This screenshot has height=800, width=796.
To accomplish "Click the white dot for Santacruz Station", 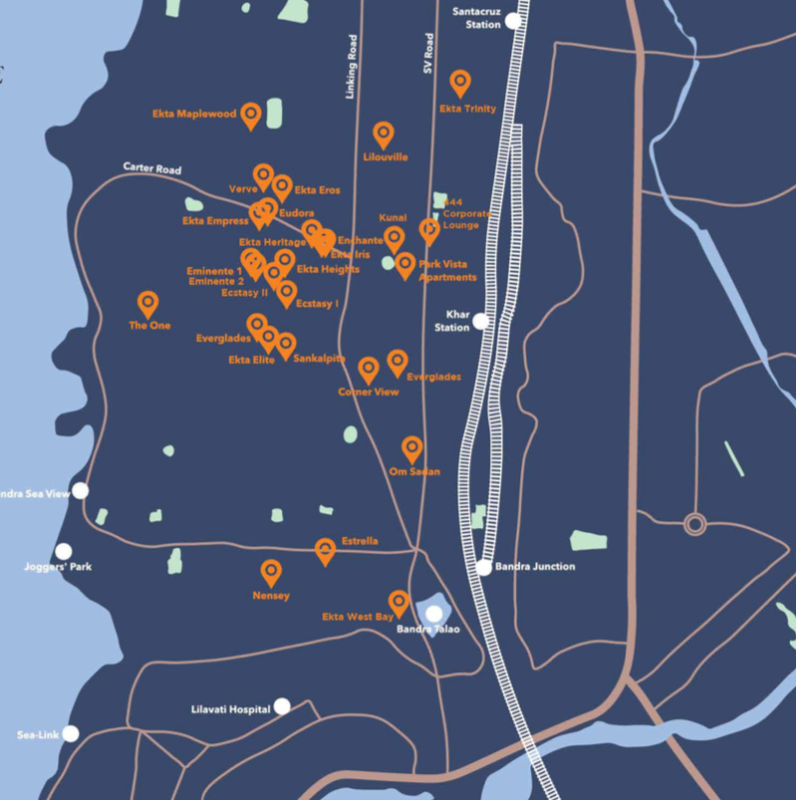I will (513, 20).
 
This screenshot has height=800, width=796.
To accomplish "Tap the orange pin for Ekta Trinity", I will (459, 83).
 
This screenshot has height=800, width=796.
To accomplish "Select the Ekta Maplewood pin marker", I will (251, 116).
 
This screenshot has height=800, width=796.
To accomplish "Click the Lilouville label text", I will (384, 157).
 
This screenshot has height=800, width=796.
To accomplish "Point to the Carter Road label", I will (152, 168).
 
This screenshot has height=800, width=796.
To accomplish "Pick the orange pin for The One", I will (147, 303).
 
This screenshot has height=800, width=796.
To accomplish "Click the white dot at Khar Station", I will (481, 321).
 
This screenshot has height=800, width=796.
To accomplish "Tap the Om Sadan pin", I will (411, 448).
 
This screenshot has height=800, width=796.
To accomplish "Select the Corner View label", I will (369, 393).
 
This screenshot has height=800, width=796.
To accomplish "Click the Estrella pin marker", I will (325, 549).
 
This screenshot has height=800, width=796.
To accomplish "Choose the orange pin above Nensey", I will (270, 572).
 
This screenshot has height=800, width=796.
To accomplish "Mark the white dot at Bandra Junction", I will (484, 567).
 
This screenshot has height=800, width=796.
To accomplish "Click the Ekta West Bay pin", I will (398, 602).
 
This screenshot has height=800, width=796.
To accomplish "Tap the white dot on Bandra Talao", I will (434, 613).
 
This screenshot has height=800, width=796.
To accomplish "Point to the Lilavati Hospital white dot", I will (282, 705).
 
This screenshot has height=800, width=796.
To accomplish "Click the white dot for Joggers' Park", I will (64, 551).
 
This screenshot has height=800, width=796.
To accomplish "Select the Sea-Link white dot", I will (71, 733).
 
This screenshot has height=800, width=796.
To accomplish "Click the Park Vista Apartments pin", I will (404, 264).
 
